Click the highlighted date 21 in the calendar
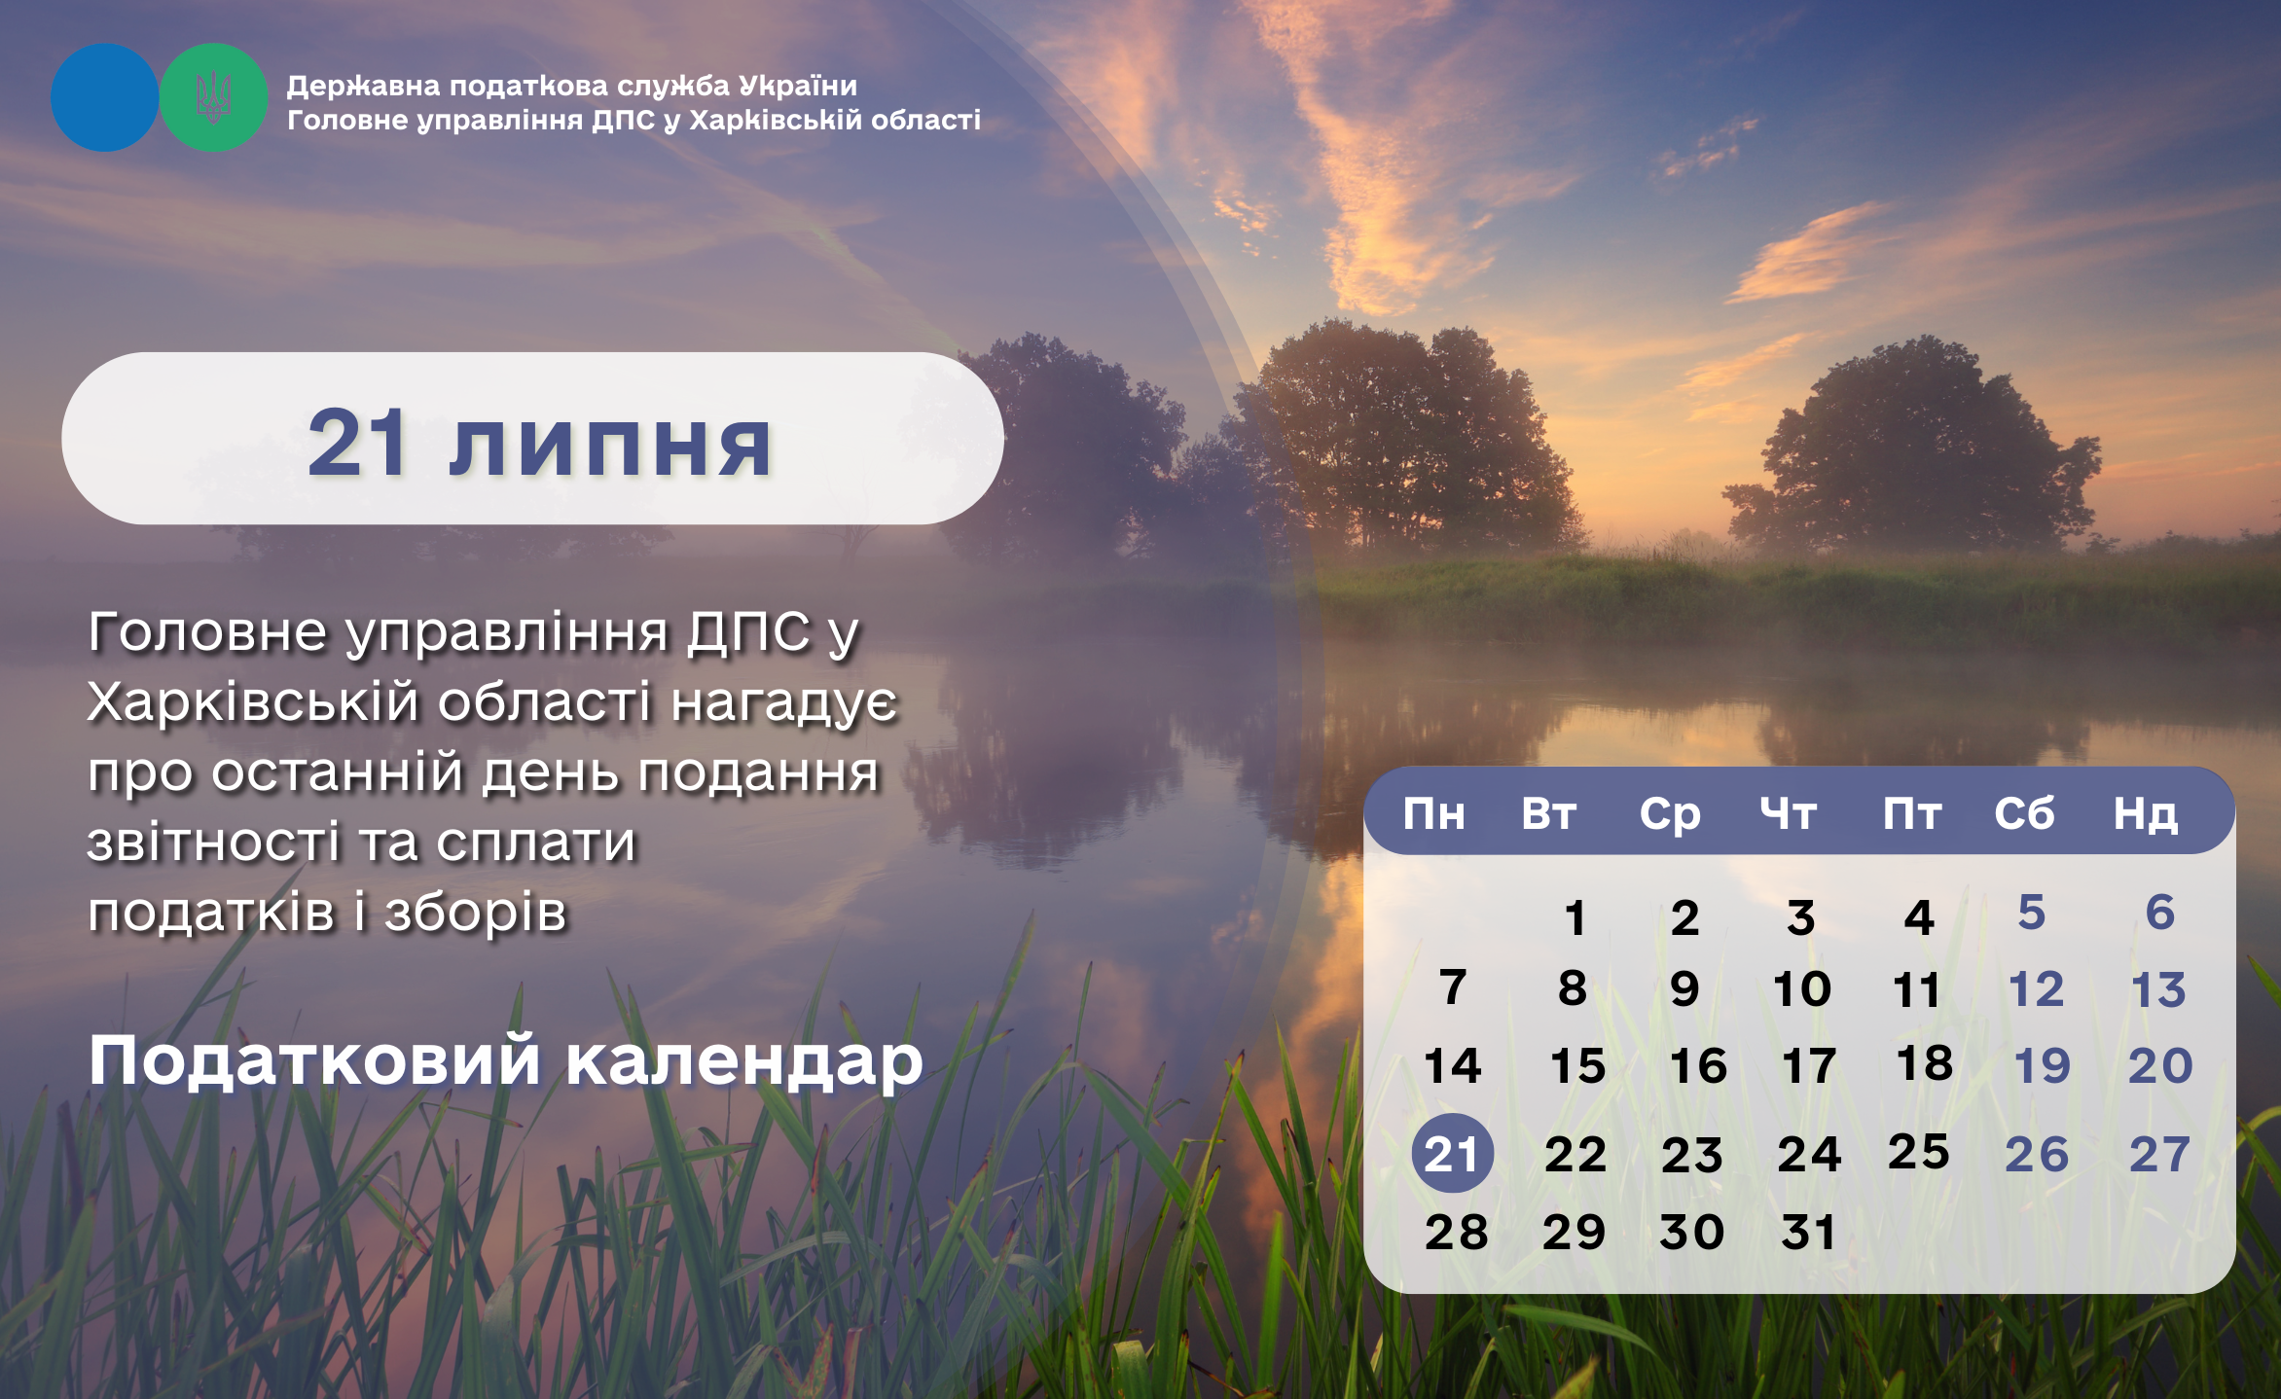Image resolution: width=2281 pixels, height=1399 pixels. click(x=1452, y=1154)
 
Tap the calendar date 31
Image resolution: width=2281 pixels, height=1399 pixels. click(x=1808, y=1233)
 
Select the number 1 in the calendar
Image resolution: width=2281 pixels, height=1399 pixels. click(x=1575, y=918)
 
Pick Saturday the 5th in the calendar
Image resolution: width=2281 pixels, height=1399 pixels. click(x=2032, y=913)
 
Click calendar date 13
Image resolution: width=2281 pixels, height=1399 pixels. click(x=2158, y=990)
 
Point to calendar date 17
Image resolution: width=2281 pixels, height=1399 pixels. click(x=1809, y=1066)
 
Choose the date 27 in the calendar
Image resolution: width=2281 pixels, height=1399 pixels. click(x=2159, y=1155)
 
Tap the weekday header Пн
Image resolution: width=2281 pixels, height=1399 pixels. click(x=1433, y=813)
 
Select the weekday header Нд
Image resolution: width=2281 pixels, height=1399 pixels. click(x=2146, y=814)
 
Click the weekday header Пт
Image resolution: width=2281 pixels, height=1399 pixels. click(x=1912, y=813)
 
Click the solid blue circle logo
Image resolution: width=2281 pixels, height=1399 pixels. click(x=104, y=97)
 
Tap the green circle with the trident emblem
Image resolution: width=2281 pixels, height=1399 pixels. click(x=213, y=97)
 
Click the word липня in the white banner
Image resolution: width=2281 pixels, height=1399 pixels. click(x=610, y=446)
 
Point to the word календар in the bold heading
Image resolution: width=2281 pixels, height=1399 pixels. click(x=744, y=1061)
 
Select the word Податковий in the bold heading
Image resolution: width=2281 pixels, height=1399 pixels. click(x=314, y=1059)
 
